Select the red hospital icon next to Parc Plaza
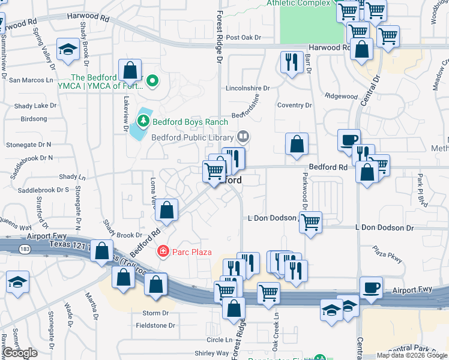(162, 251)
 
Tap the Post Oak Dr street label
(244, 37)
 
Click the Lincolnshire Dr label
(247, 88)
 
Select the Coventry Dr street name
(295, 106)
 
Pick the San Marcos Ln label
(31, 79)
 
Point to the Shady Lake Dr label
(35, 106)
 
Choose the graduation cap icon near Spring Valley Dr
(68, 49)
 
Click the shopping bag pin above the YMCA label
(130, 70)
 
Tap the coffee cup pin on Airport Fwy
(371, 287)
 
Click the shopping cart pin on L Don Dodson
(310, 221)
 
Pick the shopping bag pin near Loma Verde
(167, 210)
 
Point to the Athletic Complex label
(298, 3)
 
